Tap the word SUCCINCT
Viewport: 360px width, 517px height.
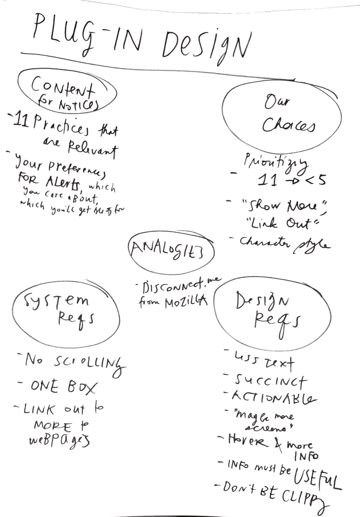[x=271, y=381]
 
